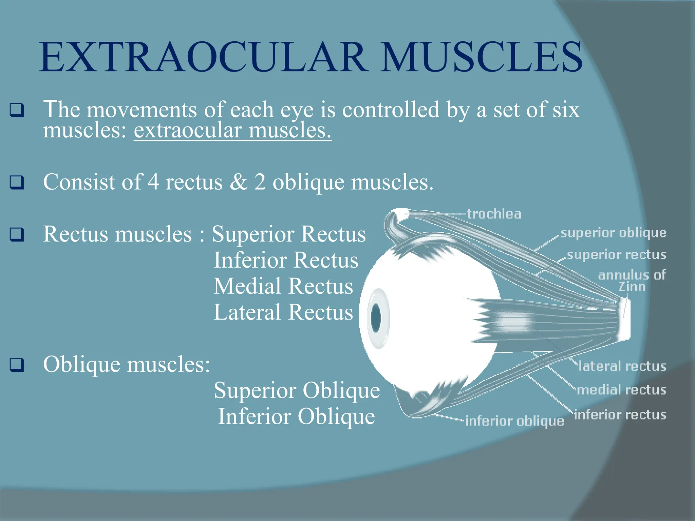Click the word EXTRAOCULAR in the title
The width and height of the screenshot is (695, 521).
(x=204, y=57)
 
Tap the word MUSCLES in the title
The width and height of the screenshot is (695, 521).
(x=481, y=57)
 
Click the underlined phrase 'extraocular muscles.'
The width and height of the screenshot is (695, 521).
(x=232, y=130)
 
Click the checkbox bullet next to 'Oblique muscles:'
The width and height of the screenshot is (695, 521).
(x=17, y=365)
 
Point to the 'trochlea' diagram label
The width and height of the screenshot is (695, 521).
(x=494, y=214)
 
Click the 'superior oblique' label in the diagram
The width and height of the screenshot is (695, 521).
(x=613, y=233)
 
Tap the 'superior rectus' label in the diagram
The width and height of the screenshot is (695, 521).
(x=616, y=254)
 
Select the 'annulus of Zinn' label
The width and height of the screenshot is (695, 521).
(x=632, y=281)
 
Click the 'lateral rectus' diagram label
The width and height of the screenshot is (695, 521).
(x=622, y=366)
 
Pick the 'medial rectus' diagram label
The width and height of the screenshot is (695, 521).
(x=621, y=390)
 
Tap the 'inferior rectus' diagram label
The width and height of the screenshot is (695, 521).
(x=620, y=415)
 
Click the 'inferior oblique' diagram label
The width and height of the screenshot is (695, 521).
(x=514, y=421)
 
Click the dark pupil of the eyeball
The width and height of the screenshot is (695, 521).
(x=376, y=318)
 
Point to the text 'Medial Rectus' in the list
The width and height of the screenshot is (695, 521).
(x=283, y=286)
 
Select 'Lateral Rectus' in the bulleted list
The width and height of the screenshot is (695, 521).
(x=283, y=312)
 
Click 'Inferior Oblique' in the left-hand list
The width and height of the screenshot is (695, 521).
(x=296, y=416)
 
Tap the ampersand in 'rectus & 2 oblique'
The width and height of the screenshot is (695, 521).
(x=239, y=182)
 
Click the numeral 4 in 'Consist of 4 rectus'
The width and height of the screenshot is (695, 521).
(x=153, y=182)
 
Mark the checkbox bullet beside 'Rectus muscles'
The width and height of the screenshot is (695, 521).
(x=17, y=234)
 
